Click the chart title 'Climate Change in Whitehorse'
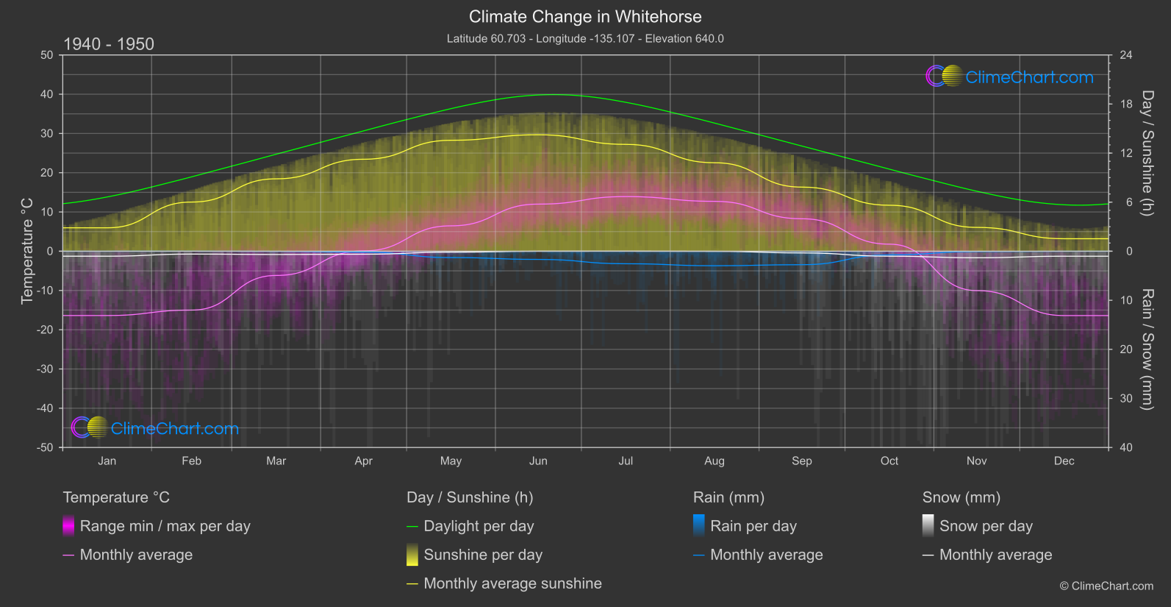[x=585, y=17]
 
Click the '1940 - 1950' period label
[x=109, y=44]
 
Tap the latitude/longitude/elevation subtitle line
[x=585, y=39]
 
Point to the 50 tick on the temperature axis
[x=47, y=55]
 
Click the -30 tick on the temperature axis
[x=45, y=369]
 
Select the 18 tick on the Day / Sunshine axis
[x=1126, y=104]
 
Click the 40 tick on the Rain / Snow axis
[x=1126, y=447]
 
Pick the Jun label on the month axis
[x=538, y=461]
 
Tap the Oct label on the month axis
[x=889, y=461]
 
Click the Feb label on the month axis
[x=191, y=461]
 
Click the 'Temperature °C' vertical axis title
[x=27, y=251]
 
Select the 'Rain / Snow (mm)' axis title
[x=1147, y=349]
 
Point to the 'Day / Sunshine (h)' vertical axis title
[x=1147, y=153]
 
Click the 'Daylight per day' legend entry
[x=479, y=526]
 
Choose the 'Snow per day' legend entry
[x=986, y=526]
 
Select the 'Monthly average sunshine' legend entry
[x=512, y=583]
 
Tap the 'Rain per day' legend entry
[x=753, y=526]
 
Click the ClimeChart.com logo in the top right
[x=1010, y=77]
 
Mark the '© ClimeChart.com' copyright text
[x=1106, y=586]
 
